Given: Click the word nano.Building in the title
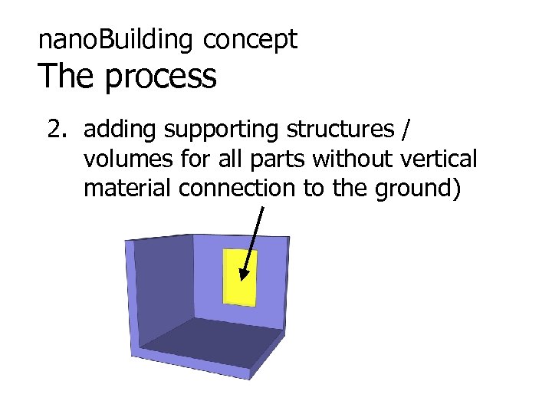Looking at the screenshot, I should pyautogui.click(x=117, y=40).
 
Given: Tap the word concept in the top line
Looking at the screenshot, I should pyautogui.click(x=250, y=40).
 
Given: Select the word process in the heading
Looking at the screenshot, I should pyautogui.click(x=160, y=77).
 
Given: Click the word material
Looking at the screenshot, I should pyautogui.click(x=128, y=188).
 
